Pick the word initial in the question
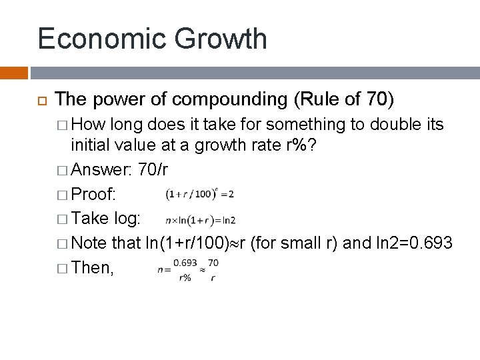pos(93,147)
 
